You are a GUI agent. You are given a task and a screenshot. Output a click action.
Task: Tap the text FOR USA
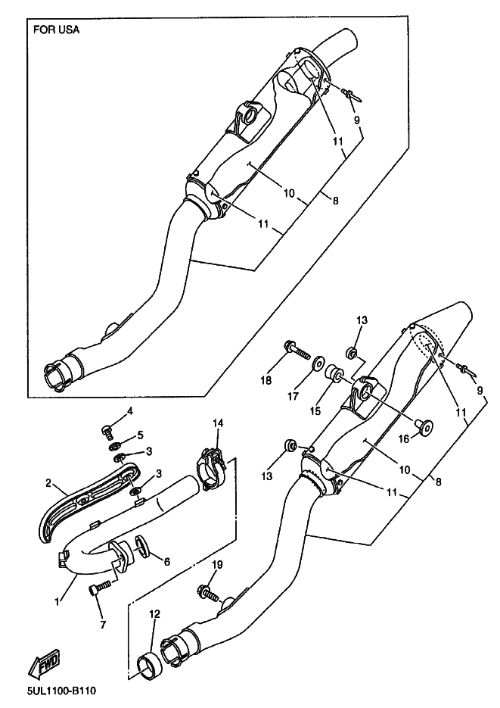pyautogui.click(x=56, y=30)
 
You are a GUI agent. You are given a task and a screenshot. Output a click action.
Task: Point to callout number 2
pyautogui.click(x=48, y=483)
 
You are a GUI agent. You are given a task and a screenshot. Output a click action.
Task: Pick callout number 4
pyautogui.click(x=129, y=411)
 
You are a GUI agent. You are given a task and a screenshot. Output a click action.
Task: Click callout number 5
pyautogui.click(x=140, y=435)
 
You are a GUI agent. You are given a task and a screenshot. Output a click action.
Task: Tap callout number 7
pyautogui.click(x=103, y=625)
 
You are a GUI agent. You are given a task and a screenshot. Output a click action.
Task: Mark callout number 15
pyautogui.click(x=315, y=410)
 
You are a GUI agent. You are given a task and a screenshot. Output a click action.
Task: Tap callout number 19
pyautogui.click(x=217, y=565)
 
